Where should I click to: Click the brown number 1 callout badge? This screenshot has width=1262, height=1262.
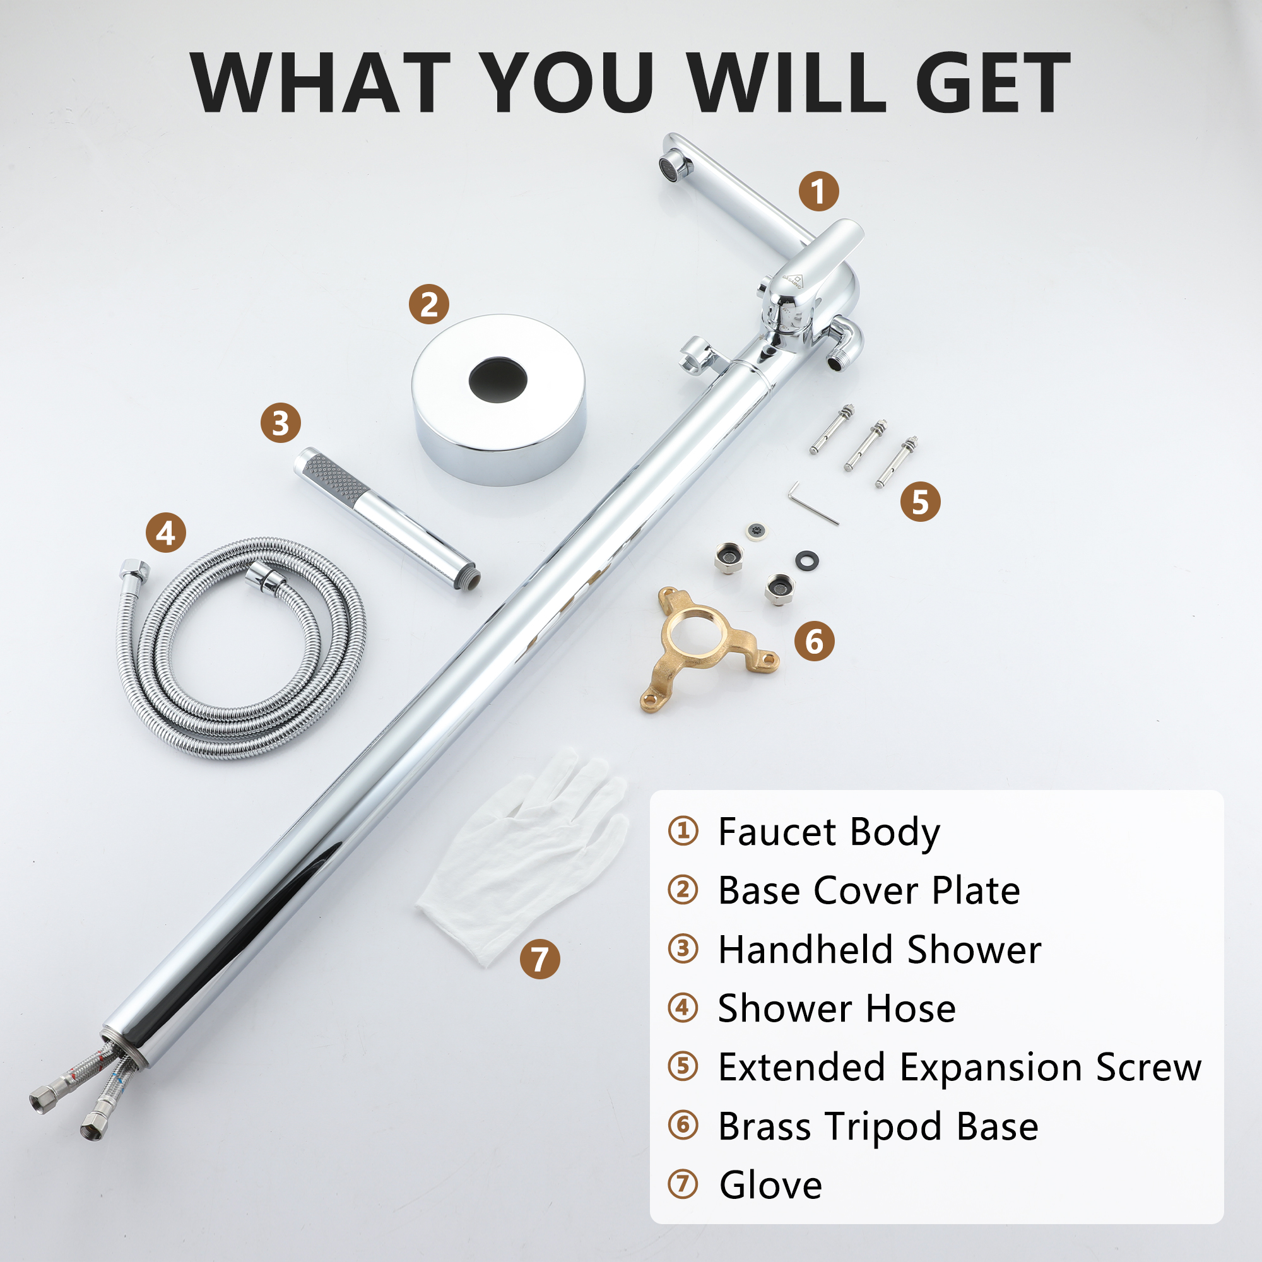818,191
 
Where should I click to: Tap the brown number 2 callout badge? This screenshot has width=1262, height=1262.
429,304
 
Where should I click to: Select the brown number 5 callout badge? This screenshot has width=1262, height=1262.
921,502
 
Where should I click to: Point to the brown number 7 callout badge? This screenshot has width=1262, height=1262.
540,960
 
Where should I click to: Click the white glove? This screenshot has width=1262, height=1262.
522,856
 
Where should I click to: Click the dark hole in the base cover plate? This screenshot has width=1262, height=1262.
498,379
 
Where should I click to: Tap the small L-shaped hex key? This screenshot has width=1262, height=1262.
812,504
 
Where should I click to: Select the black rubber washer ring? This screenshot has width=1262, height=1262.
806,560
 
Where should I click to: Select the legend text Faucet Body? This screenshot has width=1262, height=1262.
829,833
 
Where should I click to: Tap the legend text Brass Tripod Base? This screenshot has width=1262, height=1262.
878,1127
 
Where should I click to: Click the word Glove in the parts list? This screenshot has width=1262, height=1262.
771,1185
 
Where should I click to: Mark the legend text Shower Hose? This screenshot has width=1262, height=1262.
837,1008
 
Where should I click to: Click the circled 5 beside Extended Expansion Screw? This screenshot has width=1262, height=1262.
683,1068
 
